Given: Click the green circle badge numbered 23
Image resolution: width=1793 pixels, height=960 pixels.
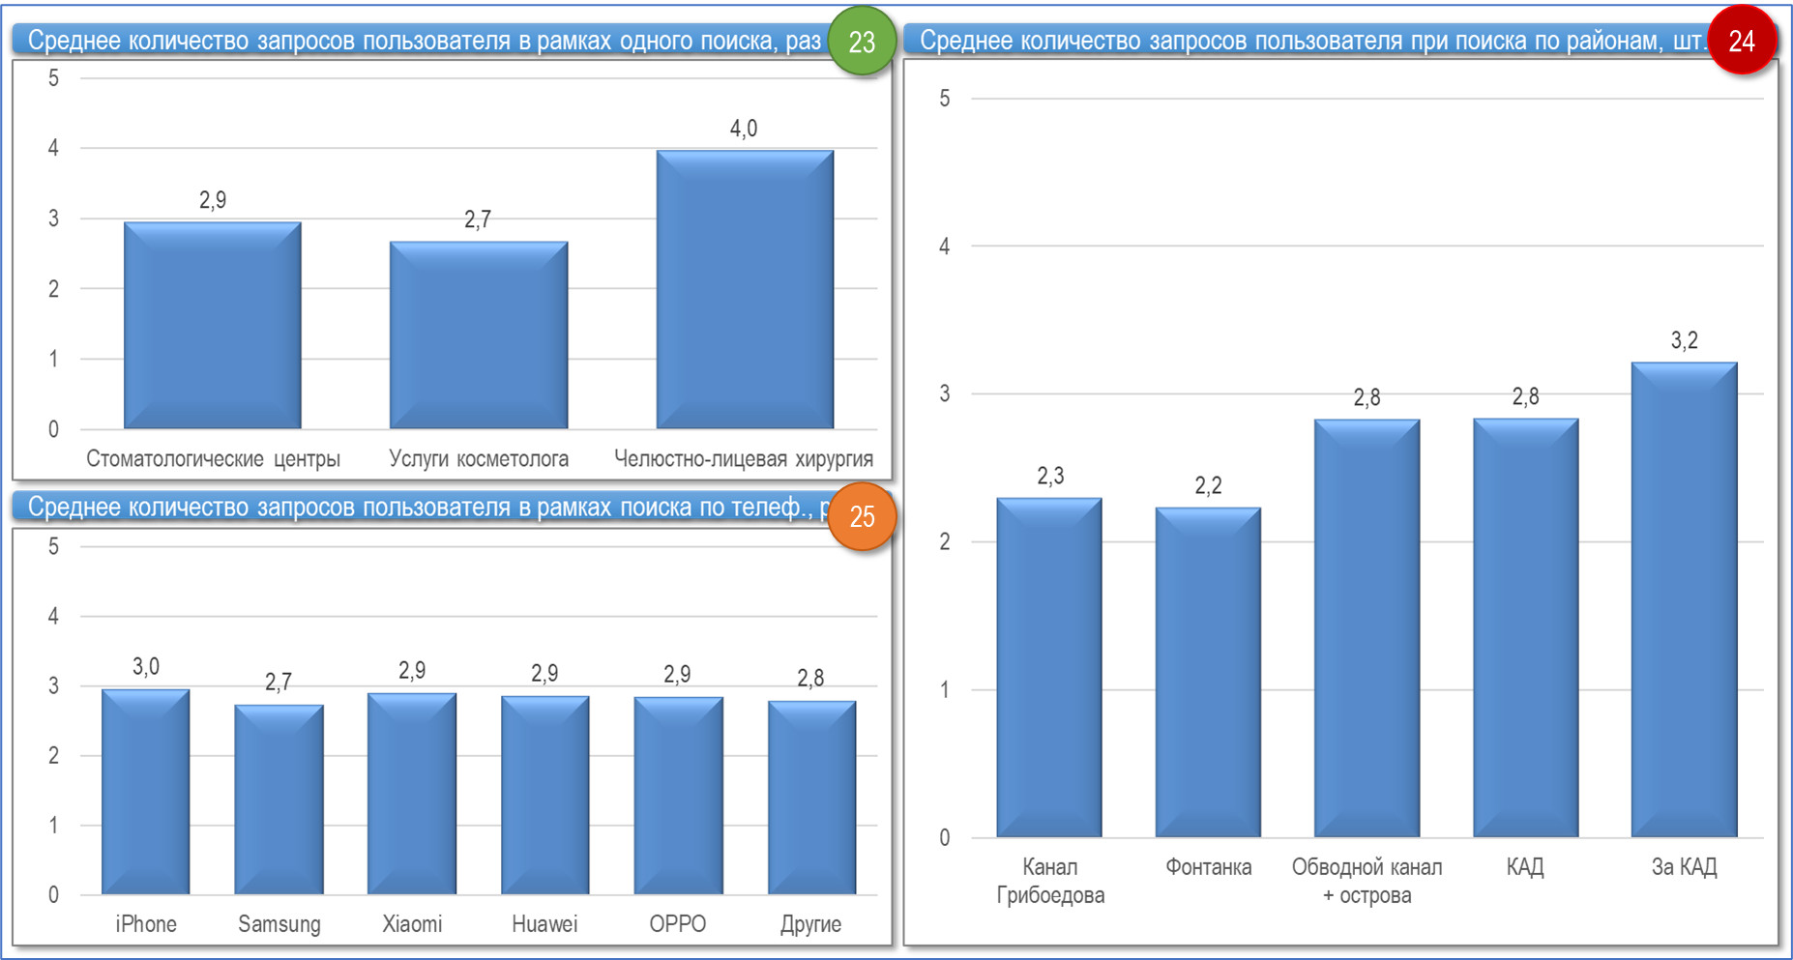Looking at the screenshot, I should (861, 42).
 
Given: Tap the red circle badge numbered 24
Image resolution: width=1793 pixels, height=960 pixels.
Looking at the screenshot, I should (1741, 41).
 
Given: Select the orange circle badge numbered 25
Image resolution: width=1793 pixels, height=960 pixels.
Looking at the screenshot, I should (862, 516).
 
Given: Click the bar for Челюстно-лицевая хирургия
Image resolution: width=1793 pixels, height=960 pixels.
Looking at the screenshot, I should (745, 290).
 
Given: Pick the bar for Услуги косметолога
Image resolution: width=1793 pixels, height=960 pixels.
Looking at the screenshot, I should (479, 335).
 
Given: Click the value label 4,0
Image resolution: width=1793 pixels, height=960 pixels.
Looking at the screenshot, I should (744, 129).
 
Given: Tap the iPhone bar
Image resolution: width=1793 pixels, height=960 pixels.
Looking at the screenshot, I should (146, 792).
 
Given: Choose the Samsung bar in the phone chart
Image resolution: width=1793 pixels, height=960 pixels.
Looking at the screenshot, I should (279, 800).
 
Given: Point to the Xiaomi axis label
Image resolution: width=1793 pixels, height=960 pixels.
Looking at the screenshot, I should (412, 924).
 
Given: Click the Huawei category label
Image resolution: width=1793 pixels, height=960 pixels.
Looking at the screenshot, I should (544, 924).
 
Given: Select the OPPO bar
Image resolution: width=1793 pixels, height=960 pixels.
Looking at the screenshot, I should (678, 796).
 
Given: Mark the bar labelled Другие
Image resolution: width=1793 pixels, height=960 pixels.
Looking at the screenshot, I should (811, 798).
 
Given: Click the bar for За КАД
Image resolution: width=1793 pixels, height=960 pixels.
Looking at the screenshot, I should (1684, 599).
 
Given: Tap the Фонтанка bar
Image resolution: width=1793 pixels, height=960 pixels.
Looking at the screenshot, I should (1208, 672).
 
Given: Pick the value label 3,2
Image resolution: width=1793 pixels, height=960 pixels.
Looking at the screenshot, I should (1684, 340).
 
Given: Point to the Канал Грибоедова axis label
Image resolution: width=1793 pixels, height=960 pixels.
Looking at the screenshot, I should (1050, 881).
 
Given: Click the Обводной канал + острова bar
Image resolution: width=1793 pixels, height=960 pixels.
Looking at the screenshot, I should (1367, 628).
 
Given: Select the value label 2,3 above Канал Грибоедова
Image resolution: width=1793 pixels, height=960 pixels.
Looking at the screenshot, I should (1050, 476).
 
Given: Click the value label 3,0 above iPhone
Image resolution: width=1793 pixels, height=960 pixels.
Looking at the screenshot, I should (146, 666).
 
